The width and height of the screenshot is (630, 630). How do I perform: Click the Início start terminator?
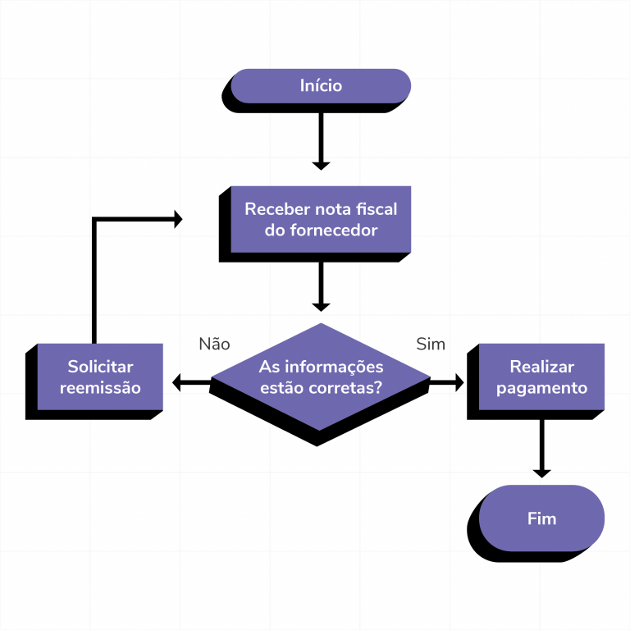(321, 85)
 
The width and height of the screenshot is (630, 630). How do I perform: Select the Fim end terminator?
(541, 518)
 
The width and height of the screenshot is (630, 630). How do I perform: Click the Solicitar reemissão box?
(100, 377)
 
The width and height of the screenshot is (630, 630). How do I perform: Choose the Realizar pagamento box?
(541, 377)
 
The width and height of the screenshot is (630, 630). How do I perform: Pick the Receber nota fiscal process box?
(321, 219)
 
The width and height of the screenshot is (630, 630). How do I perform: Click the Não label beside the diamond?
(214, 344)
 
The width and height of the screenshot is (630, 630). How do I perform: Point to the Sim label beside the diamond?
(431, 344)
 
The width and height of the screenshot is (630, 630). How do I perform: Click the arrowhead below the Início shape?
(321, 164)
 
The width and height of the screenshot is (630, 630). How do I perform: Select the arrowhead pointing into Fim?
(541, 472)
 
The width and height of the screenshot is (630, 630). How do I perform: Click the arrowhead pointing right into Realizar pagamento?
(457, 382)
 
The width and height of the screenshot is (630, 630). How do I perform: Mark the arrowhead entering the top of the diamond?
(321, 305)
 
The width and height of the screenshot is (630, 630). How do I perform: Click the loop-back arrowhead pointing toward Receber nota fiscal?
(176, 219)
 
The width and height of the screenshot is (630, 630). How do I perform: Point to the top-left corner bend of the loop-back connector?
(95, 220)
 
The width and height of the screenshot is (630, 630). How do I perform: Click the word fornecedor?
(333, 231)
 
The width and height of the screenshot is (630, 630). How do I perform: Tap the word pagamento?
(541, 388)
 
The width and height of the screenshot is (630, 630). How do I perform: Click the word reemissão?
(100, 388)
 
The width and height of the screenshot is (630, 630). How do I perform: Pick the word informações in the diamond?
(332, 367)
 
